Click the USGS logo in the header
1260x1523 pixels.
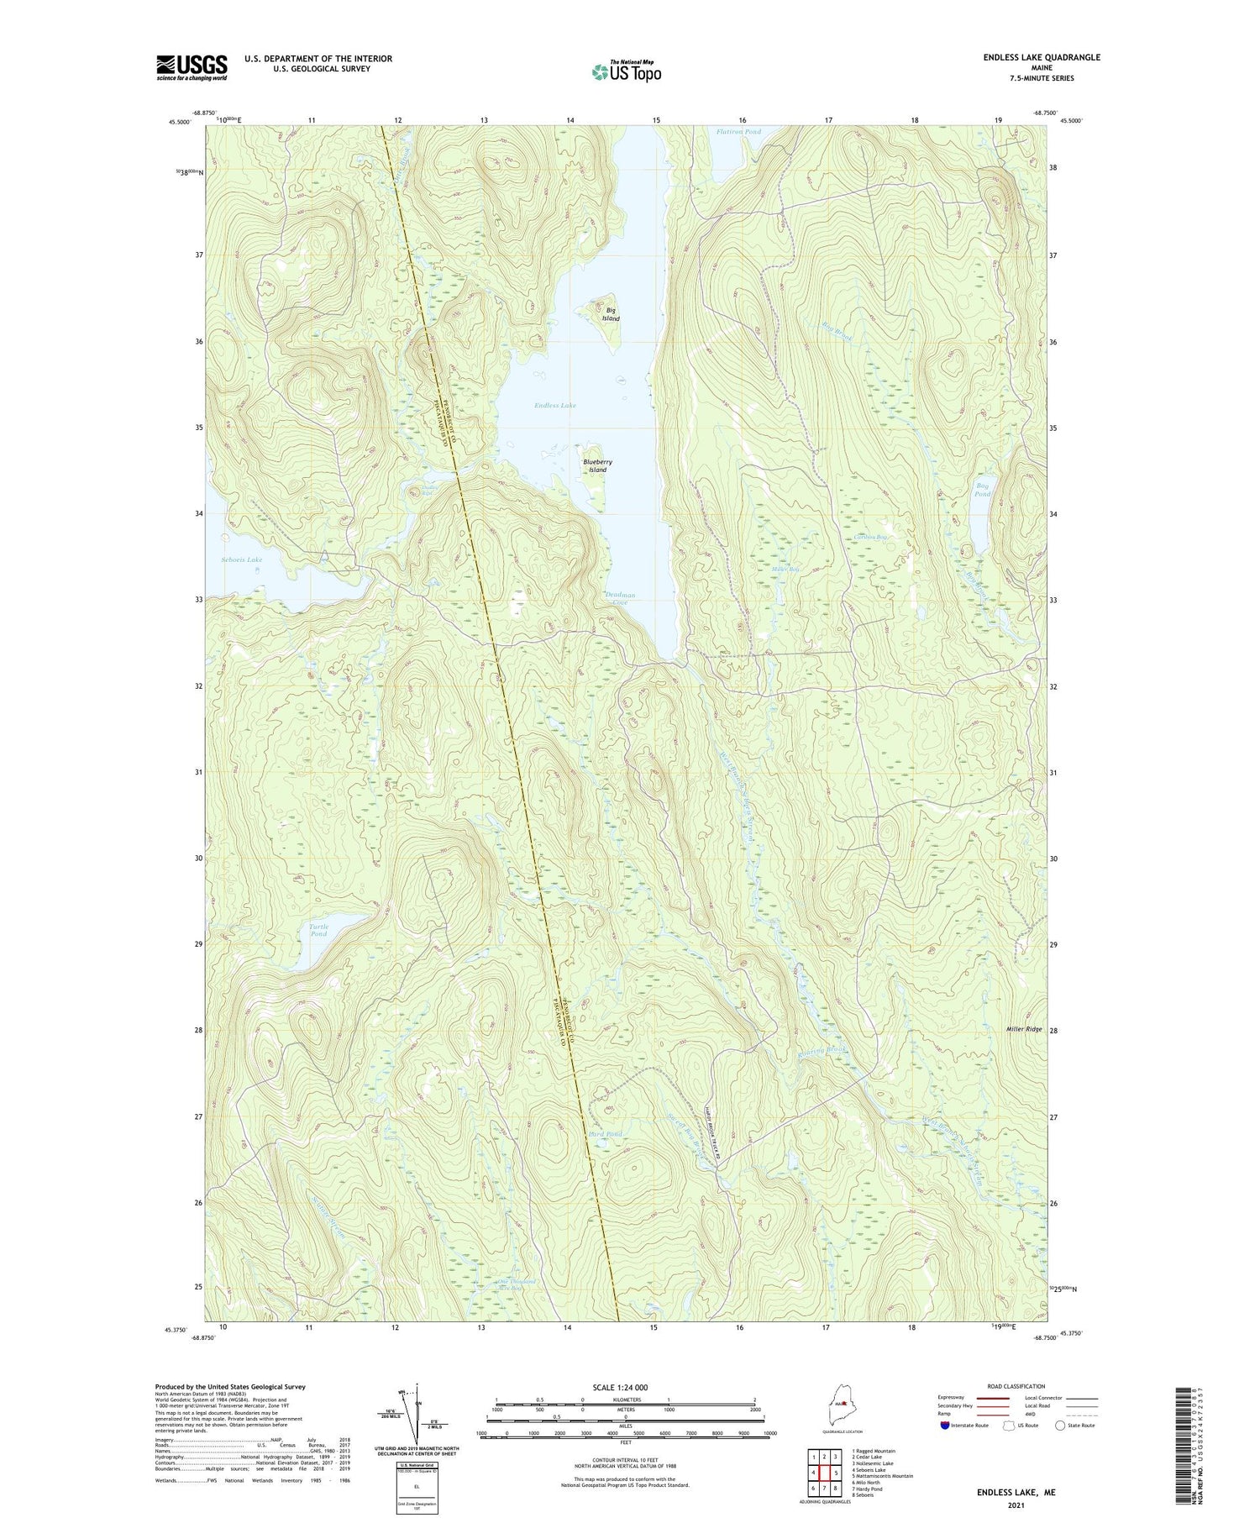tap(192, 67)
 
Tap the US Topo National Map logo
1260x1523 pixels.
tap(626, 71)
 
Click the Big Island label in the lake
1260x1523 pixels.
tap(611, 314)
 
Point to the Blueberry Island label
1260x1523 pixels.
tap(597, 465)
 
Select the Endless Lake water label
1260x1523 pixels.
tap(555, 406)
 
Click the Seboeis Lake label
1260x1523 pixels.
tap(241, 559)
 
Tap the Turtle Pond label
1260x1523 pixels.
tap(318, 930)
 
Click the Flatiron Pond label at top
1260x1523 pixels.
tap(738, 132)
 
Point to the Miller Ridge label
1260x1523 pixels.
tap(1024, 1029)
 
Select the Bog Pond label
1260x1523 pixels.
tap(982, 490)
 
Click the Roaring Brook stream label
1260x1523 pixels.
tap(822, 1050)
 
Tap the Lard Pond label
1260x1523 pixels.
tap(606, 1134)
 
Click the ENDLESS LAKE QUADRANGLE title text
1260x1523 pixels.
tap(1042, 57)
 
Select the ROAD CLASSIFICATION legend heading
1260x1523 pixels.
tap(1016, 1386)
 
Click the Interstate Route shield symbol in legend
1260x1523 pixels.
tap(945, 1426)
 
